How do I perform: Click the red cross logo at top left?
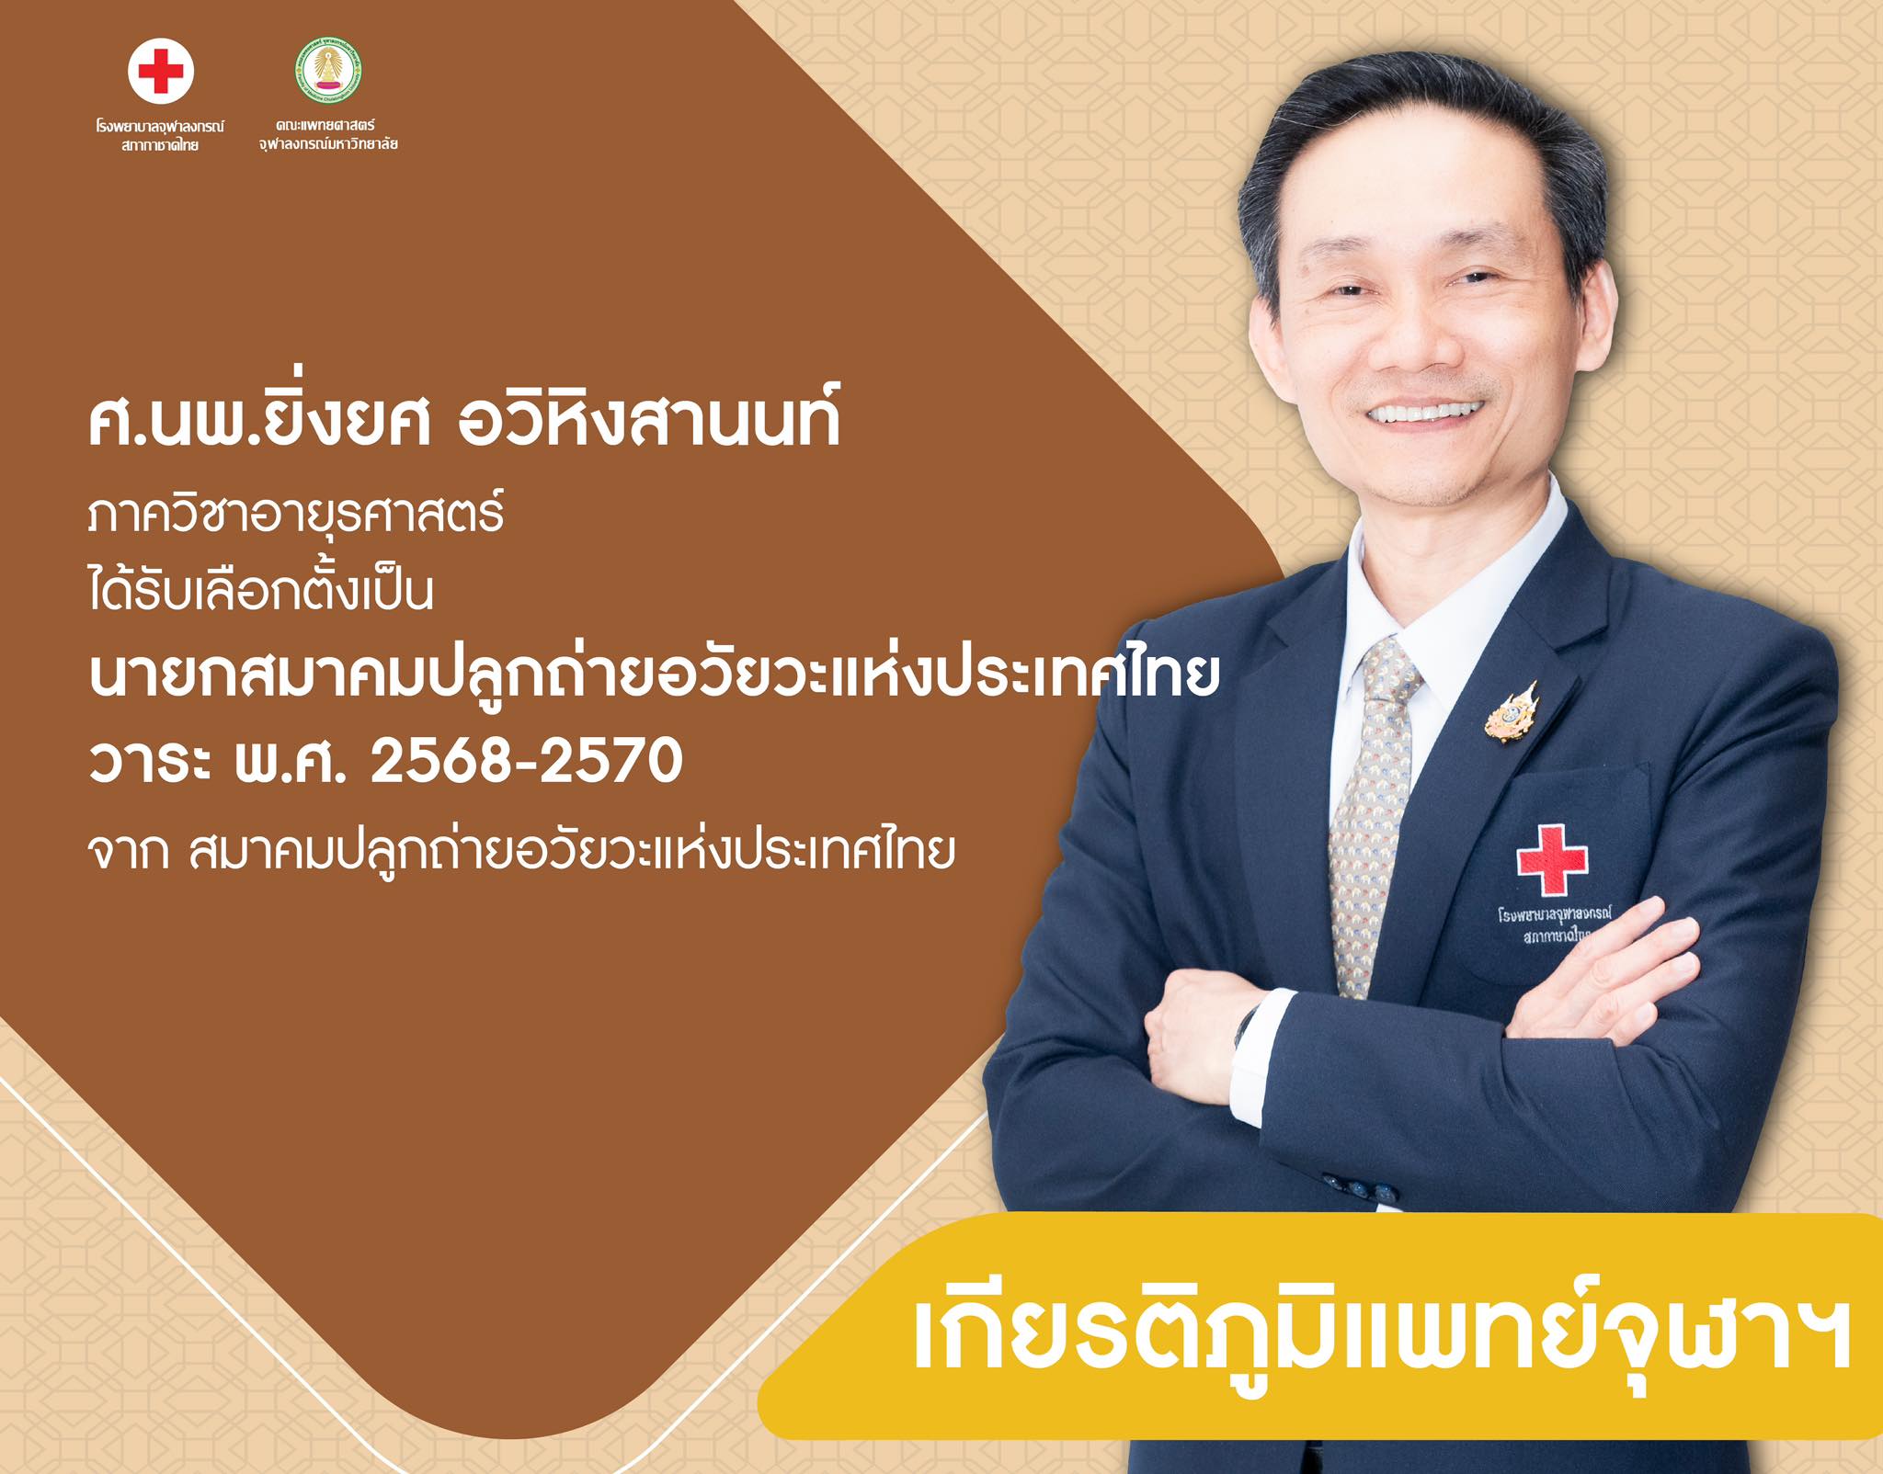point(161,71)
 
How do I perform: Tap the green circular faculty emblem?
point(328,71)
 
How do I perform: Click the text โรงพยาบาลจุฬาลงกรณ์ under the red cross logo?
point(161,126)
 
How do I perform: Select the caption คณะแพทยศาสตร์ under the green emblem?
point(327,125)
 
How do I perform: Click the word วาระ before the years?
point(151,763)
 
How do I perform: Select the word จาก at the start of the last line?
point(128,853)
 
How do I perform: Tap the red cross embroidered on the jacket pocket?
point(1552,859)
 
